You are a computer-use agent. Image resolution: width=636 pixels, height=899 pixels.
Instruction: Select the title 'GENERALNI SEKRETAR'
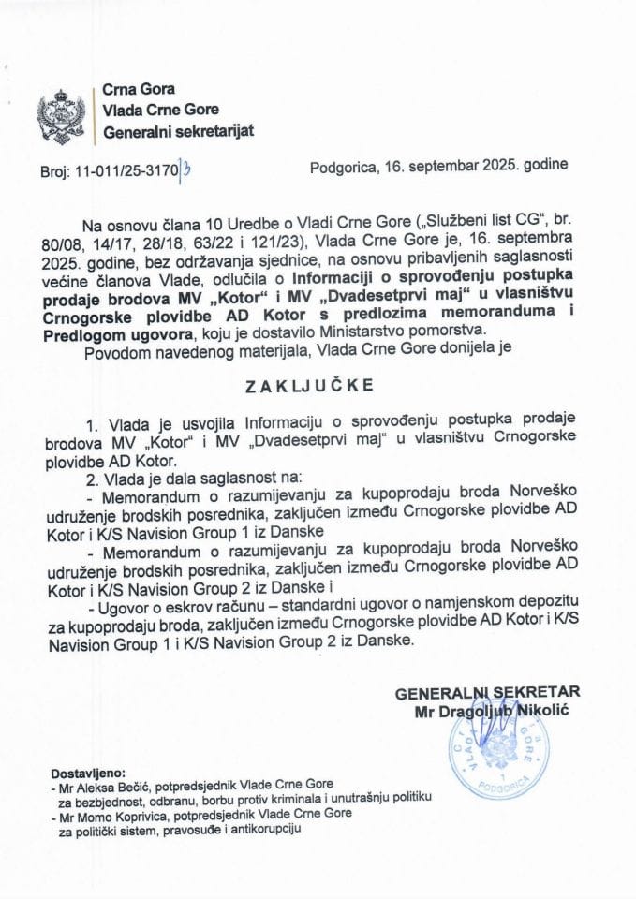click(487, 692)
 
